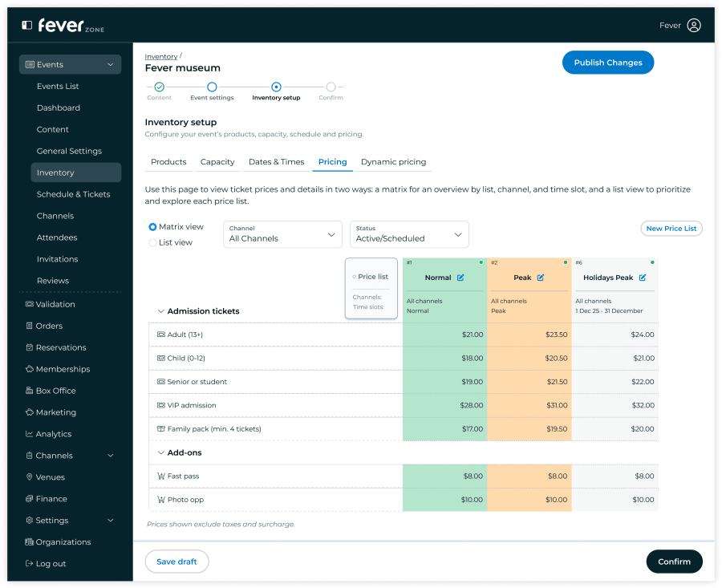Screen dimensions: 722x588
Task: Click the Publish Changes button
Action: coord(608,63)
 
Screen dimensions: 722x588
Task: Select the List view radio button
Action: coord(152,242)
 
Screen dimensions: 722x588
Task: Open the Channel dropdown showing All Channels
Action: coord(282,234)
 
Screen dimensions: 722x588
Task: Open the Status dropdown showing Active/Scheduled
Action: coord(409,234)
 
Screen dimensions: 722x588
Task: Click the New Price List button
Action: coord(671,229)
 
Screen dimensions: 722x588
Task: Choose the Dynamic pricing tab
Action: coord(393,162)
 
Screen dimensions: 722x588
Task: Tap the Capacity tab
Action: coord(217,162)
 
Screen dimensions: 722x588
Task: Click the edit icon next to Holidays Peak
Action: coord(643,278)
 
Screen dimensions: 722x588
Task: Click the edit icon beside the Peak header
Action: coord(541,278)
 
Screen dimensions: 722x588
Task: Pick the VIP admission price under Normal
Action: coord(472,405)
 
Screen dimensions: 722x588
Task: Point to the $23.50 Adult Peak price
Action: coord(556,335)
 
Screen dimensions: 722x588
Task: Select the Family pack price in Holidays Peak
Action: coord(643,429)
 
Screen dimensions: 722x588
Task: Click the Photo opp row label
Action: coord(185,500)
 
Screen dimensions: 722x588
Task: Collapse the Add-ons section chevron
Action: coord(160,452)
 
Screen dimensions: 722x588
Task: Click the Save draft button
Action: coord(176,562)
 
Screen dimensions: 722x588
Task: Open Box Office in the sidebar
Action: coord(55,391)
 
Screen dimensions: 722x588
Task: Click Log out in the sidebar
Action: coord(51,564)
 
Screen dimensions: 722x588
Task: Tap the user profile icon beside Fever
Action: coord(694,26)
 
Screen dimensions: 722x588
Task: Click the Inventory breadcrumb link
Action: coord(160,57)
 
